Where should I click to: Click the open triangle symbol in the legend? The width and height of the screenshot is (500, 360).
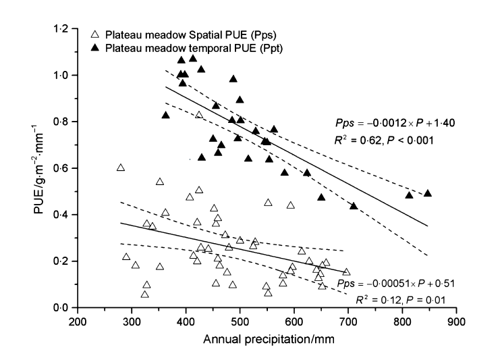click(x=95, y=32)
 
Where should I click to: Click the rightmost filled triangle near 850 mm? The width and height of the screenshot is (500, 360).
click(x=427, y=193)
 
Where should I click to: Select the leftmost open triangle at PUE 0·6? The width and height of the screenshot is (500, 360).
click(x=121, y=168)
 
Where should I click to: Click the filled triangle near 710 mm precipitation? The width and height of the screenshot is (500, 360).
click(x=354, y=205)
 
